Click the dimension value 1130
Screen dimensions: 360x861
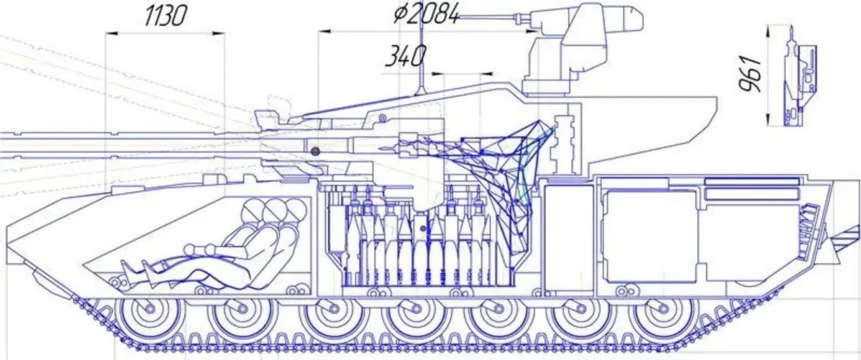(166, 16)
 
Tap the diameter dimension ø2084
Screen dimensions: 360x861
(426, 15)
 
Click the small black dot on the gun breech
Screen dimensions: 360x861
(315, 151)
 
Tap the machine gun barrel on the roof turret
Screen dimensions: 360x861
(488, 17)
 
